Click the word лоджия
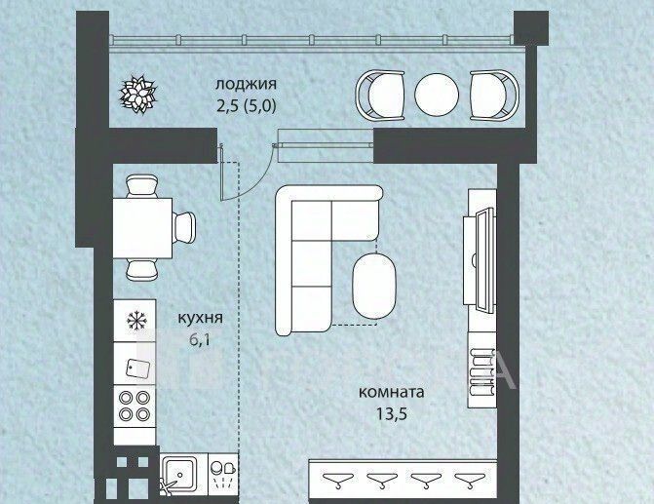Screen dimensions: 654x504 (246, 85)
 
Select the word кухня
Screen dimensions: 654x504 (200, 319)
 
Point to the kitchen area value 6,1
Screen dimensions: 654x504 (200, 340)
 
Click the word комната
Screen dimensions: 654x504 (391, 393)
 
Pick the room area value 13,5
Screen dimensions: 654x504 (391, 414)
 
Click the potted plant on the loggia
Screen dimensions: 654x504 (137, 94)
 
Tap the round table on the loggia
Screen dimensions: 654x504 (437, 96)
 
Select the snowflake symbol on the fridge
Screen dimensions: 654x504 (135, 321)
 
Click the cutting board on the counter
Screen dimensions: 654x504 (138, 368)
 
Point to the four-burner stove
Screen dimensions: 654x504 (135, 406)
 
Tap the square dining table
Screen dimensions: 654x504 (142, 228)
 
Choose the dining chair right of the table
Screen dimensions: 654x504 (184, 228)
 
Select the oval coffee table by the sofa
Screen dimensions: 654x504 (374, 287)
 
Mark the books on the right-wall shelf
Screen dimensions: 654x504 (481, 371)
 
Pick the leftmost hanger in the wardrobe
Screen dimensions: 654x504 (338, 479)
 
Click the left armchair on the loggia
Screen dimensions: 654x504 (380, 96)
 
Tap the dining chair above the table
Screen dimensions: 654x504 (141, 186)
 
